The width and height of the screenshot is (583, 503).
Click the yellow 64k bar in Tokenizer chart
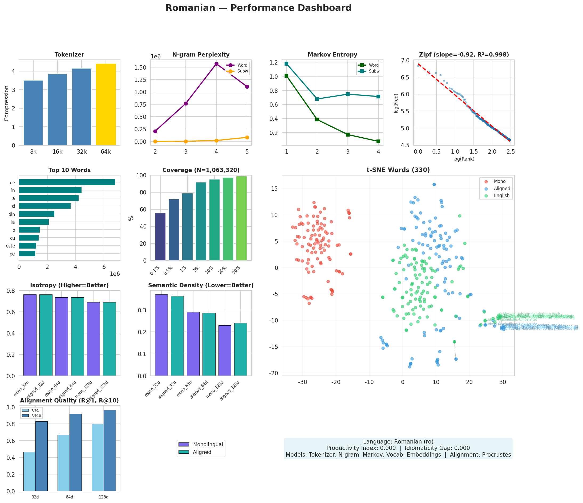pyautogui.click(x=106, y=105)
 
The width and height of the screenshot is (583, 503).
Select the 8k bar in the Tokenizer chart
pyautogui.click(x=33, y=113)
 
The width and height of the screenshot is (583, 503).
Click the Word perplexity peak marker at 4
pyautogui.click(x=216, y=64)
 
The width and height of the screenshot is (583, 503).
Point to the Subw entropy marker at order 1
pyautogui.click(x=286, y=64)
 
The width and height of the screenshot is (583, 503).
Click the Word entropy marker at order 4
pyautogui.click(x=378, y=141)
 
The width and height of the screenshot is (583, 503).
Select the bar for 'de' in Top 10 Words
pyautogui.click(x=67, y=182)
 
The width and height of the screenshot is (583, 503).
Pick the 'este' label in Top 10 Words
pyautogui.click(x=11, y=246)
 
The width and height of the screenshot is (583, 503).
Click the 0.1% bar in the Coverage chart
pyautogui.click(x=160, y=237)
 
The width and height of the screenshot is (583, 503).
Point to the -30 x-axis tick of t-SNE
pyautogui.click(x=302, y=382)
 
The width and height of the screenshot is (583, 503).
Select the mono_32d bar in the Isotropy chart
pyautogui.click(x=30, y=335)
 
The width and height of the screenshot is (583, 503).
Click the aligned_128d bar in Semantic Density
pyautogui.click(x=241, y=349)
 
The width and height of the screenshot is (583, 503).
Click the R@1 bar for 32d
pyautogui.click(x=30, y=472)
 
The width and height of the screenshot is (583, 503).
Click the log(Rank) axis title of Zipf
pyautogui.click(x=464, y=159)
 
